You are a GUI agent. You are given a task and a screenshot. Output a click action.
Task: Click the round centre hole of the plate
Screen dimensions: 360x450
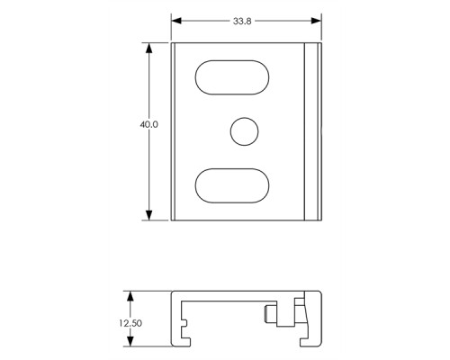(x=242, y=131)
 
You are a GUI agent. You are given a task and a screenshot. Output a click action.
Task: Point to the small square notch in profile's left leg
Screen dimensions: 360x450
(x=184, y=319)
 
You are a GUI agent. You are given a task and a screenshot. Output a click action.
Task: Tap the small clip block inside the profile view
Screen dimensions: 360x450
(x=270, y=316)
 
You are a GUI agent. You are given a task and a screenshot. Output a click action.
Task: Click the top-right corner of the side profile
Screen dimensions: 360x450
(x=319, y=292)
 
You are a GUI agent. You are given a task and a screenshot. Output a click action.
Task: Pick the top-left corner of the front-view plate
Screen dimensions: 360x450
(x=173, y=42)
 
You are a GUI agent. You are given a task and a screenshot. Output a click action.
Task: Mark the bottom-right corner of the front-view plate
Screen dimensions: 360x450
(x=320, y=219)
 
